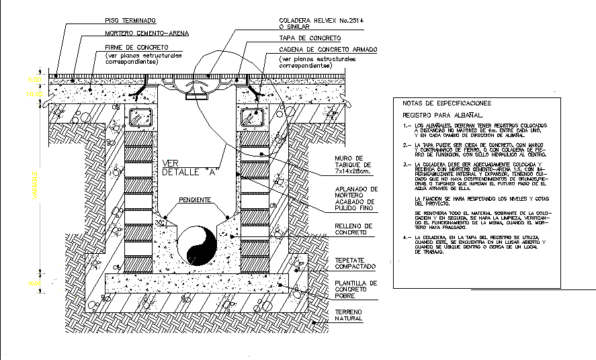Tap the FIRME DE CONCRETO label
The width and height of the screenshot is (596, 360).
click(136, 47)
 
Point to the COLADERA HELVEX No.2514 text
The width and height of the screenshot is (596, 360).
click(321, 21)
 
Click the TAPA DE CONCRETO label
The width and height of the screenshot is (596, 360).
click(308, 38)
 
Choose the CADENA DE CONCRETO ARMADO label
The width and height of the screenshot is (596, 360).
click(328, 50)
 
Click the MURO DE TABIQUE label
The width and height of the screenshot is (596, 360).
click(353, 165)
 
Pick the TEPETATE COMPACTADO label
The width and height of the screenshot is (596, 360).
click(355, 263)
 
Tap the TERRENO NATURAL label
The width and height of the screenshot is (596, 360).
click(349, 315)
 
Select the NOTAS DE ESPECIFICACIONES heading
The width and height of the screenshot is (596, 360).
click(446, 103)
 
